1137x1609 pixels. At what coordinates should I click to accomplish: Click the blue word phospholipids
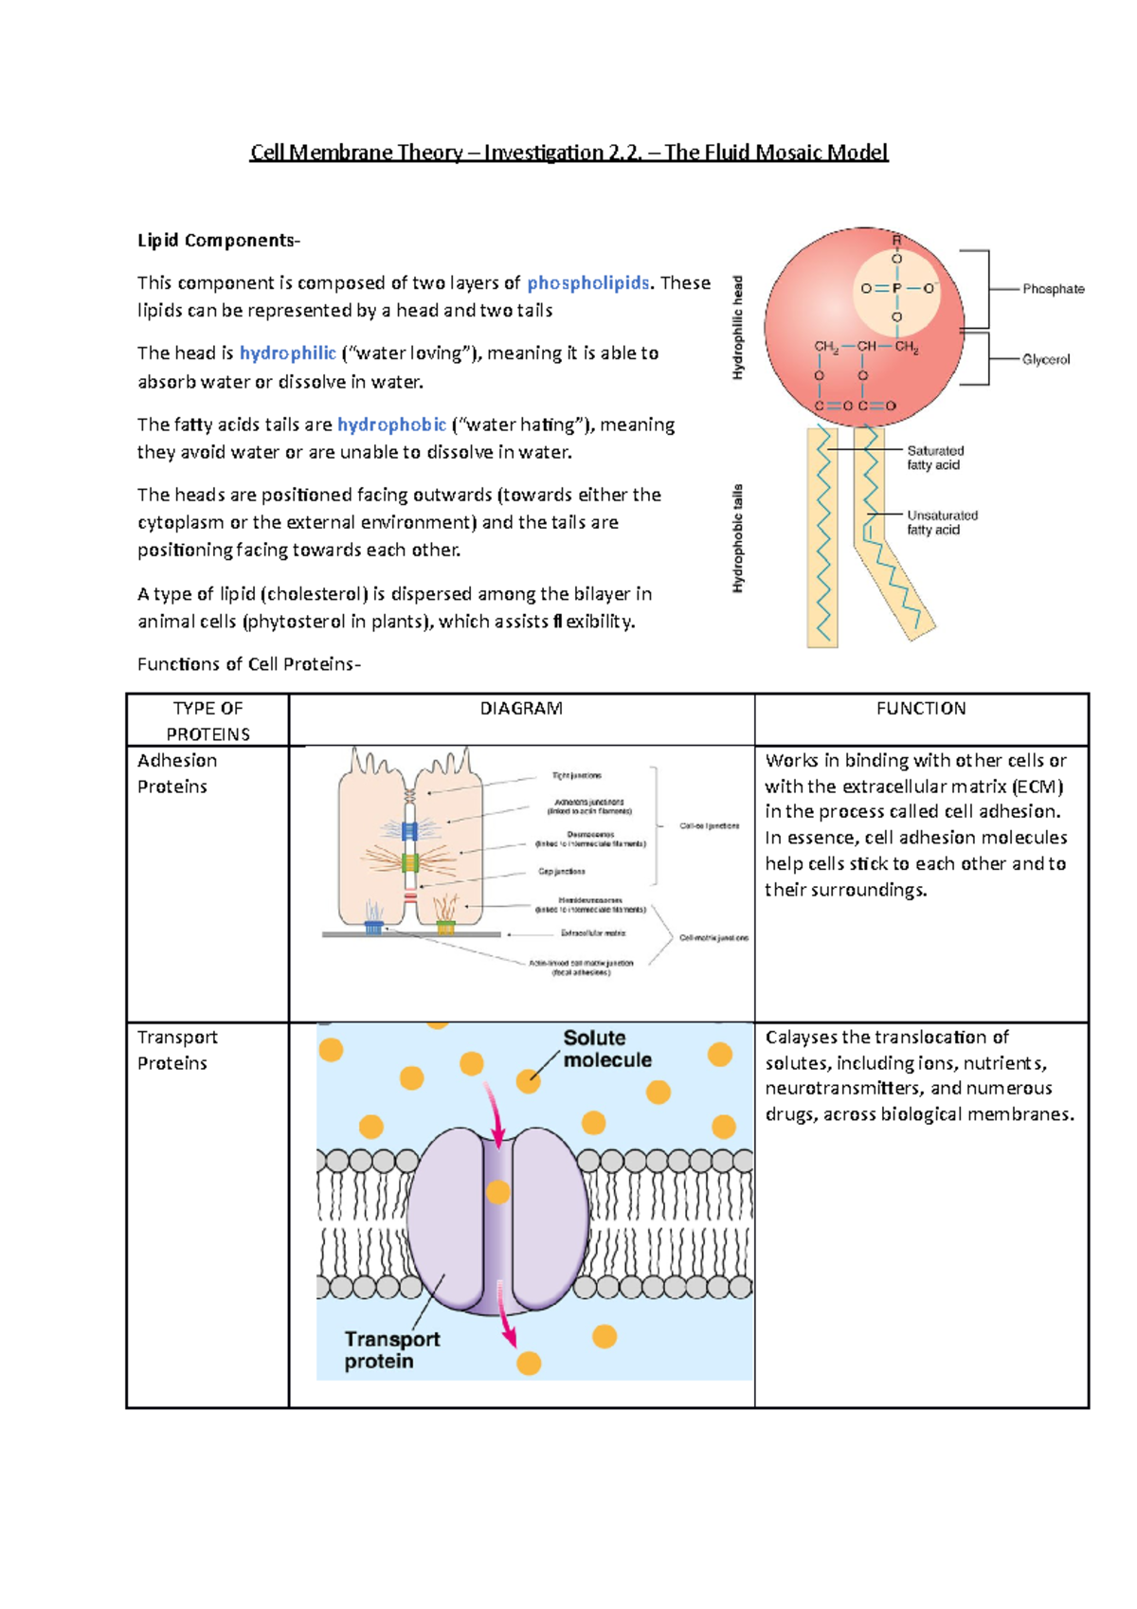tap(587, 283)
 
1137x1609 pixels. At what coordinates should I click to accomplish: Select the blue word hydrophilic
tap(287, 353)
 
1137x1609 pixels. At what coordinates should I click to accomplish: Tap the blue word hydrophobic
tap(391, 425)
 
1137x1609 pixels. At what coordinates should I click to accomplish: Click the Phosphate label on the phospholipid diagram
tap(1053, 289)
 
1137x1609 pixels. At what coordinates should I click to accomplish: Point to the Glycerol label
tap(1045, 360)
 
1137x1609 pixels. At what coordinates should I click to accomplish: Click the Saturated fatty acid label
tap(935, 458)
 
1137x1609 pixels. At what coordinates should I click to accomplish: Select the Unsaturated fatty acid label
tap(942, 522)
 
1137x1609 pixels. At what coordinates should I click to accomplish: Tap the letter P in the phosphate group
tap(896, 288)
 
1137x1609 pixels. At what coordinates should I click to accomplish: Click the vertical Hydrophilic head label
tap(738, 328)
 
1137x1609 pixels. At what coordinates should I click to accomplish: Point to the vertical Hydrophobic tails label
tap(738, 538)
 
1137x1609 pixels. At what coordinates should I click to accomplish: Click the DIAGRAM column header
tap(521, 709)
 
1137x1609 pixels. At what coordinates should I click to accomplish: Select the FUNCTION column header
tap(921, 709)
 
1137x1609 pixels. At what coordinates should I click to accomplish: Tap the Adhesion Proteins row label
tap(177, 773)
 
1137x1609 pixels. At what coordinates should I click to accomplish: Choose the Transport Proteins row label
tap(177, 1050)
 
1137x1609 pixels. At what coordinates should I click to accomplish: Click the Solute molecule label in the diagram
tap(606, 1049)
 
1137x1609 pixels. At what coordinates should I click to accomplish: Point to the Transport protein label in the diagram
tap(391, 1350)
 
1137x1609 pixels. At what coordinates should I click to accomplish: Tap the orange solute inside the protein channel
tap(498, 1192)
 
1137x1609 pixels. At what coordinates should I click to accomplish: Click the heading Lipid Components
tap(217, 241)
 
